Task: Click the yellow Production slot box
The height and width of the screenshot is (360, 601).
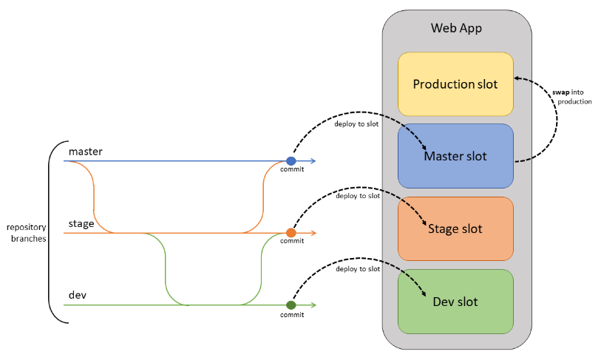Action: click(455, 84)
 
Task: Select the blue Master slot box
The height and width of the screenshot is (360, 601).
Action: click(455, 156)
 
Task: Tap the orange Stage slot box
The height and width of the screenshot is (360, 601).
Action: click(455, 228)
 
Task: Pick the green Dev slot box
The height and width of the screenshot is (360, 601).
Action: click(455, 301)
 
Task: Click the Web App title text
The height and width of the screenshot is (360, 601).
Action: click(455, 28)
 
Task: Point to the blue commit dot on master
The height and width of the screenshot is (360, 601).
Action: click(291, 160)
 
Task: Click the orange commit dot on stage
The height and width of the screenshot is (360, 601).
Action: click(291, 233)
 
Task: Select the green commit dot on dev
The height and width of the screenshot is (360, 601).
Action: click(291, 305)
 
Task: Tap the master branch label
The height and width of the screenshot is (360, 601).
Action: click(85, 151)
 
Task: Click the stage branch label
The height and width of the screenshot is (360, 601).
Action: click(81, 223)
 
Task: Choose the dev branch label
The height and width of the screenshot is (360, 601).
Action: click(78, 295)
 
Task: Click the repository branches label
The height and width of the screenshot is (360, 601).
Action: click(26, 233)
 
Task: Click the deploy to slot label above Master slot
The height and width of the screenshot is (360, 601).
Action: click(357, 123)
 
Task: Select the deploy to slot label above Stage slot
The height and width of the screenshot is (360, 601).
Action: click(357, 196)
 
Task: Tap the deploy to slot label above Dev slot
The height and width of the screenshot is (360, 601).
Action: click(357, 268)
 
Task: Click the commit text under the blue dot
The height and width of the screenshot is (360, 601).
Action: click(292, 171)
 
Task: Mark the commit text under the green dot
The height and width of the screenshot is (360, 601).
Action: click(292, 315)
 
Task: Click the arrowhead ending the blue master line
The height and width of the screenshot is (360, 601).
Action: click(313, 160)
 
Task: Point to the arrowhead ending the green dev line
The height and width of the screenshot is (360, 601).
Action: click(313, 305)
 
